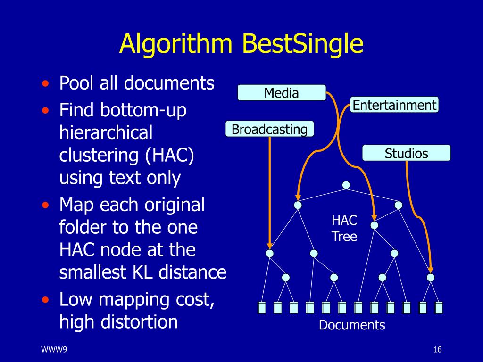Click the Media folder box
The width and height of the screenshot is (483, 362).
[x=281, y=93]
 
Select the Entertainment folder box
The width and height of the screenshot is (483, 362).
[x=394, y=105]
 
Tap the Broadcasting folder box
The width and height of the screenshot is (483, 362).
[x=269, y=129]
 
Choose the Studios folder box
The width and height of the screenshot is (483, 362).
[x=406, y=153]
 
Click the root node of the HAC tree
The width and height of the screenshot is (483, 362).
[x=346, y=185]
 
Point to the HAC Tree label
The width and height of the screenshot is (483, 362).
[x=344, y=228]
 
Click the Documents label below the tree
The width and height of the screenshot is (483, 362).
[x=352, y=325]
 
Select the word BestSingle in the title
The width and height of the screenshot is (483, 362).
[x=302, y=44]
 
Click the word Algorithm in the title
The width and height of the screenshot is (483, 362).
[x=176, y=44]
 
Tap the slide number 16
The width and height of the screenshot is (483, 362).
[x=437, y=349]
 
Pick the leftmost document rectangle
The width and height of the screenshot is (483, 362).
[x=262, y=308]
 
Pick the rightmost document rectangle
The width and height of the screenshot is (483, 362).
[x=439, y=308]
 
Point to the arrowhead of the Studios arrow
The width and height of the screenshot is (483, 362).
[x=430, y=270]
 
